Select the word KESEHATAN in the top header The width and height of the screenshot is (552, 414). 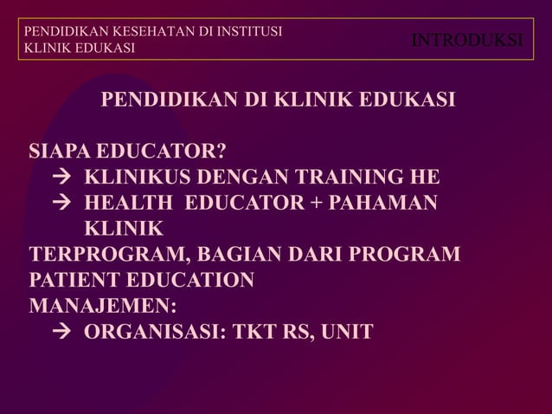(140, 32)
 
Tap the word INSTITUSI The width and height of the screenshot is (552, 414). (251, 32)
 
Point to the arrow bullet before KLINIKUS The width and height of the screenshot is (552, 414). (61, 179)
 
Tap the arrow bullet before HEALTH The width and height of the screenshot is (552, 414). (61, 204)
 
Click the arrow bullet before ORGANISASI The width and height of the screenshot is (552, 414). (61, 332)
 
